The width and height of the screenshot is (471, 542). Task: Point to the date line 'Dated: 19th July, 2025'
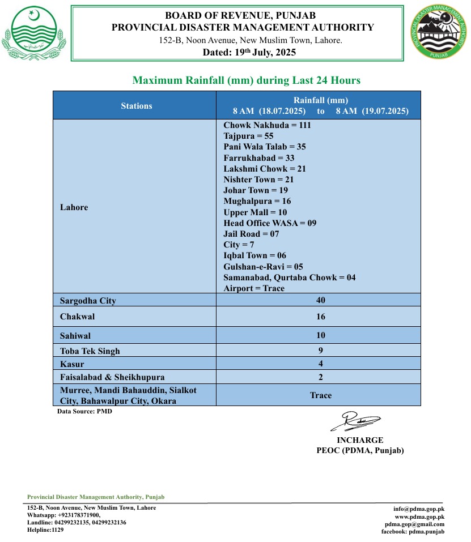click(249, 53)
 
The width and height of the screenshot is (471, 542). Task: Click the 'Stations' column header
click(137, 105)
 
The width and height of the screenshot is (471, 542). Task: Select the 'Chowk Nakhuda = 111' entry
click(267, 125)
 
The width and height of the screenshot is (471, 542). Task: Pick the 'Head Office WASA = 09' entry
click(270, 223)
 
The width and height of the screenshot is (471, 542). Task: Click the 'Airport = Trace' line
click(254, 288)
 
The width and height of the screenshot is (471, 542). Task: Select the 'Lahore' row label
click(74, 207)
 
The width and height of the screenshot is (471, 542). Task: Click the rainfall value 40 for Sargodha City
click(321, 300)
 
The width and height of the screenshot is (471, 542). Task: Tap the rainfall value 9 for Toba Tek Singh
click(321, 350)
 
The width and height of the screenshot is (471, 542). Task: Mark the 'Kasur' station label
click(72, 364)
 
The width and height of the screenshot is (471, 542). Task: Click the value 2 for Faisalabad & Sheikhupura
click(321, 377)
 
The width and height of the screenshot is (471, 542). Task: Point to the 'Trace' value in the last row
click(321, 395)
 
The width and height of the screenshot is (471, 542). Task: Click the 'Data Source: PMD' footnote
click(84, 412)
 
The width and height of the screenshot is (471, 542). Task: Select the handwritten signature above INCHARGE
click(356, 421)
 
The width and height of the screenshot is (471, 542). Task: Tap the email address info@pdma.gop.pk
click(419, 509)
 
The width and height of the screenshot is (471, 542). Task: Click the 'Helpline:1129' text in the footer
click(46, 530)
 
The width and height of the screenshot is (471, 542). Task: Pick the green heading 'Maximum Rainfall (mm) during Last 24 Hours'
click(246, 80)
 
